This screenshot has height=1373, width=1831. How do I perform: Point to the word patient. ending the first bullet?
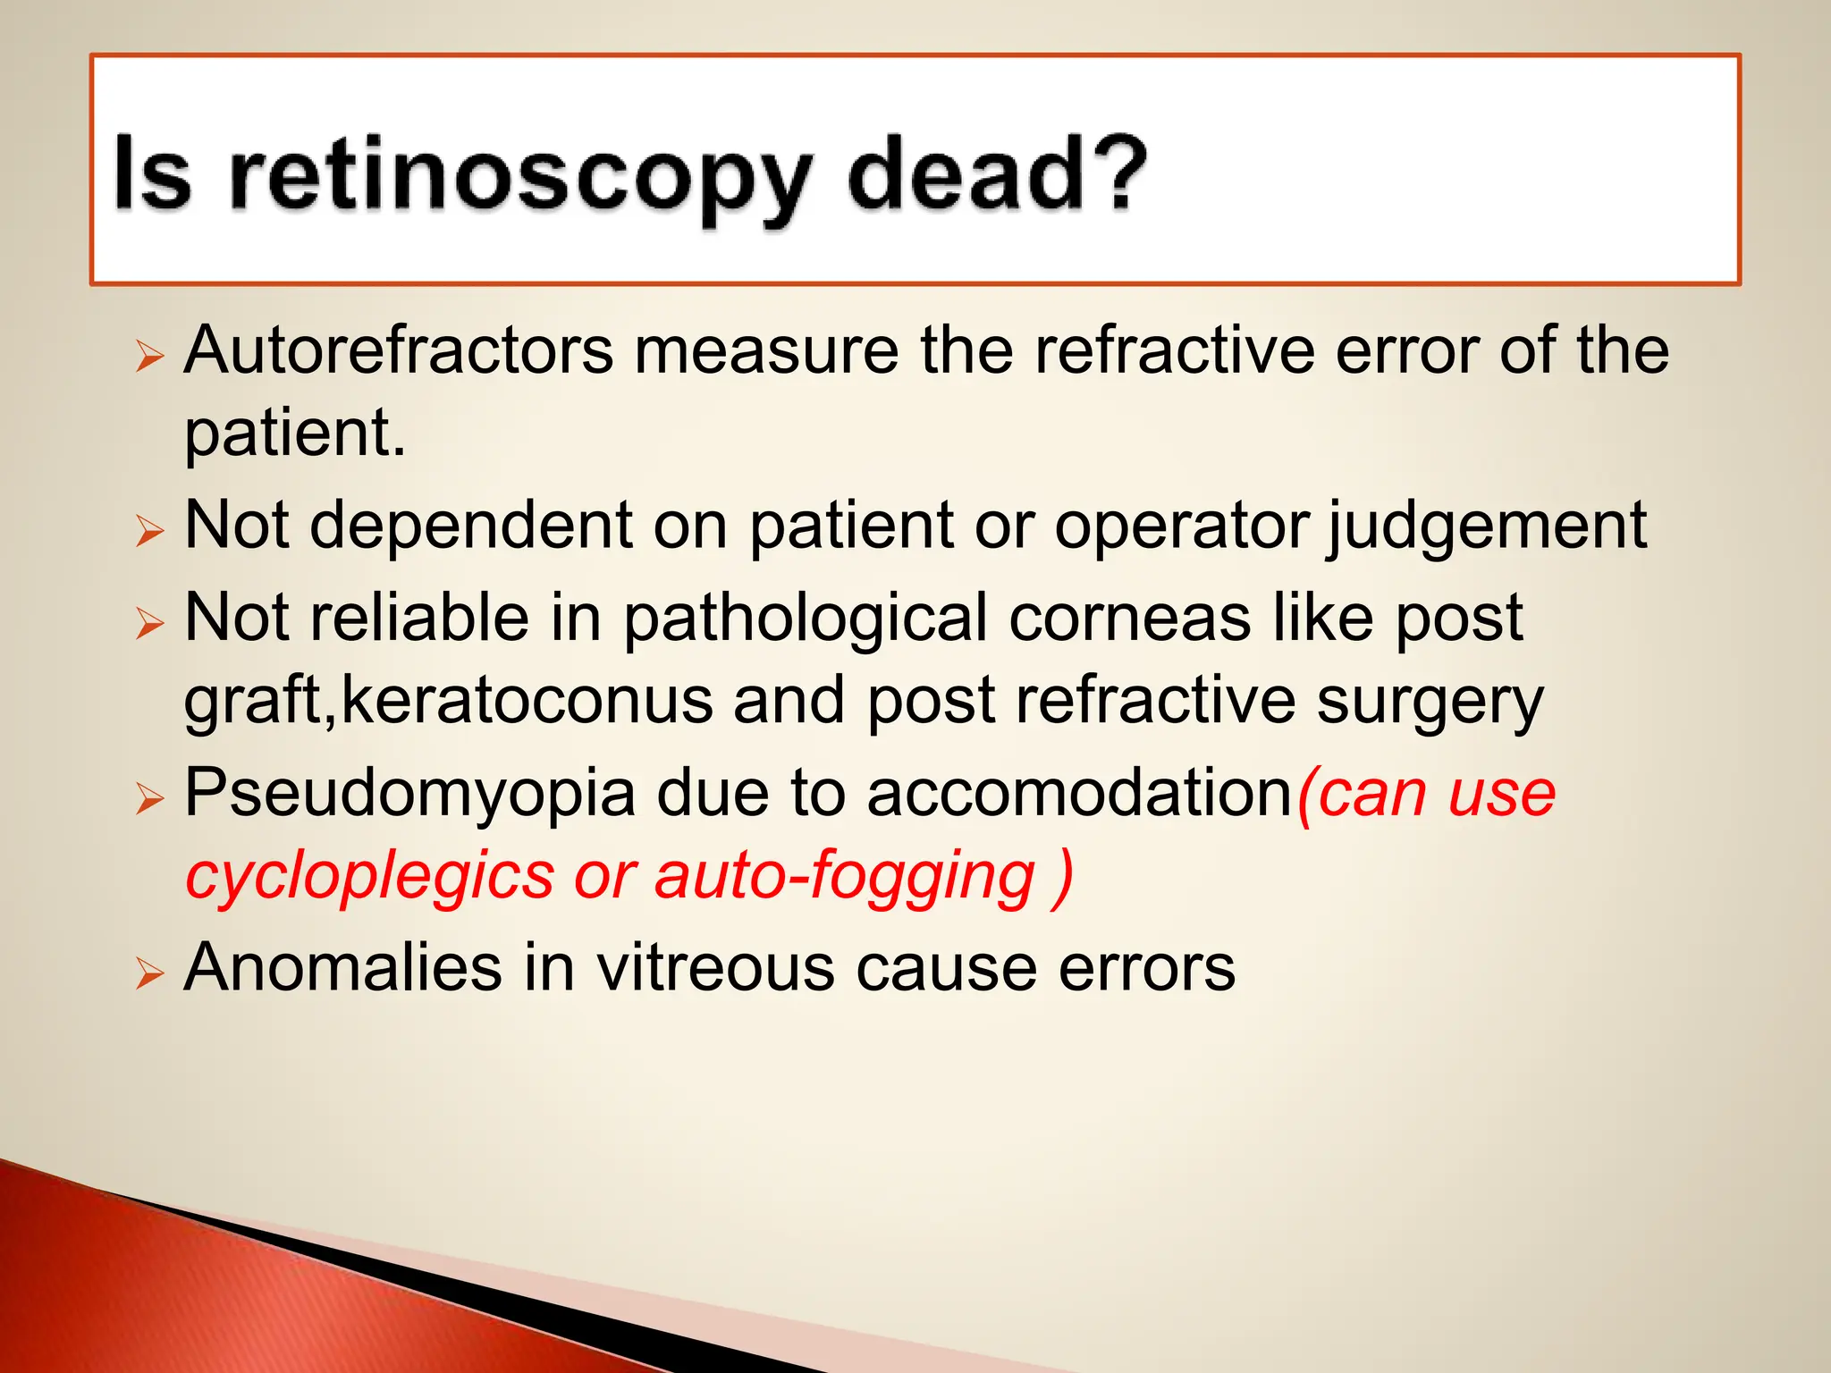coord(295,434)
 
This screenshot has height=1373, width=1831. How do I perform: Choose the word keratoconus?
coord(527,701)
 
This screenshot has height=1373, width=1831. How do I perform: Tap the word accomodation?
coord(1079,794)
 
